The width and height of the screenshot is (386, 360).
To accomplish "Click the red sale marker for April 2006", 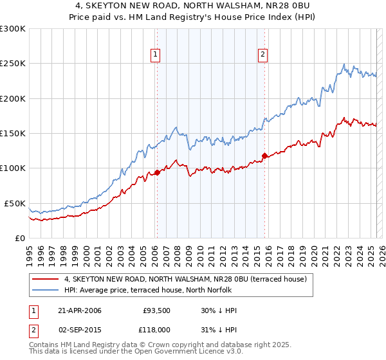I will [157, 172].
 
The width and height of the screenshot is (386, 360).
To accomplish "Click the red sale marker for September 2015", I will [264, 155].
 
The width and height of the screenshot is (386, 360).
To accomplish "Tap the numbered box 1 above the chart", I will [156, 55].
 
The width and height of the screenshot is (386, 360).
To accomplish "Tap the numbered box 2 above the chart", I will [263, 55].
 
